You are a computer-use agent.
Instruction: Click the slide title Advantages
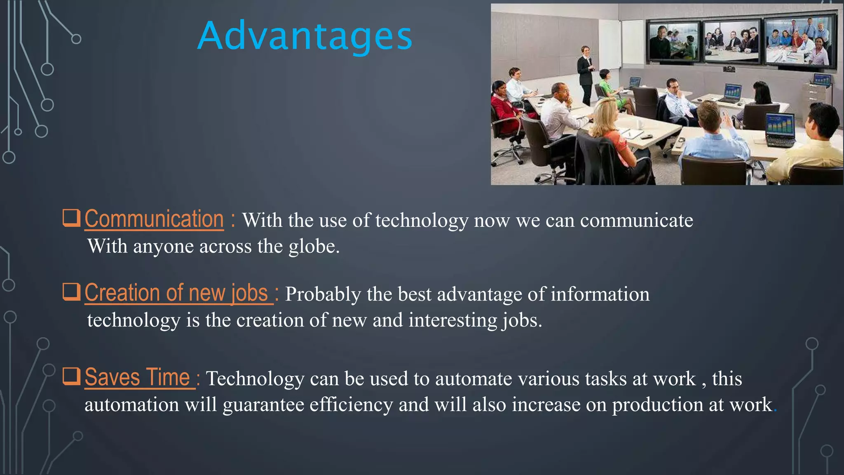pos(305,36)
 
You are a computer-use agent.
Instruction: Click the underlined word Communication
pos(154,219)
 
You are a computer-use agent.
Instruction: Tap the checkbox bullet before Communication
pos(71,218)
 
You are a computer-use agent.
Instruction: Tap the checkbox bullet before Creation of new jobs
pos(71,292)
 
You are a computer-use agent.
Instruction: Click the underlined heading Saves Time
pos(137,377)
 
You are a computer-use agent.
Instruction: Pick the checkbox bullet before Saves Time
pos(71,376)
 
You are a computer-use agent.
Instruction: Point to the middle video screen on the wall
pos(731,41)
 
